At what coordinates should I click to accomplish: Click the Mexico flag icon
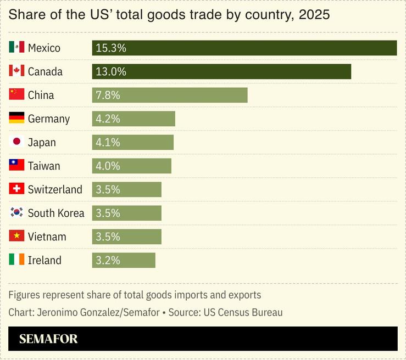pos(16,47)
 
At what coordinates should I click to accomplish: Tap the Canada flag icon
pos(16,71)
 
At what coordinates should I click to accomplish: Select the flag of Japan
pos(16,142)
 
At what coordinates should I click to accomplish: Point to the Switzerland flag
pos(16,189)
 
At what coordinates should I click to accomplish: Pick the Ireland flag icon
pos(16,260)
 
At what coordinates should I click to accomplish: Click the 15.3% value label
pos(111,48)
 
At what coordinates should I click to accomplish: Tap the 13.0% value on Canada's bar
pos(111,71)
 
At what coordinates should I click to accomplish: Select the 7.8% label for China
pos(108,95)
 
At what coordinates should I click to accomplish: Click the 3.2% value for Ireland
pos(108,260)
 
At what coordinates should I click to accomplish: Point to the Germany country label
pos(49,119)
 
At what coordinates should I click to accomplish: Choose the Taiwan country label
pos(44,166)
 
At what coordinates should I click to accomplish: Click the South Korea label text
pos(56,213)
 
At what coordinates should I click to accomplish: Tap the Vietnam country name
pos(47,237)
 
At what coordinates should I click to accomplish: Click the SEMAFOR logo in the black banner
pos(48,339)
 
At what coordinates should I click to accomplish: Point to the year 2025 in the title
pos(314,15)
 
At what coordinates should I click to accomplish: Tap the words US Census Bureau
pos(243,312)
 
